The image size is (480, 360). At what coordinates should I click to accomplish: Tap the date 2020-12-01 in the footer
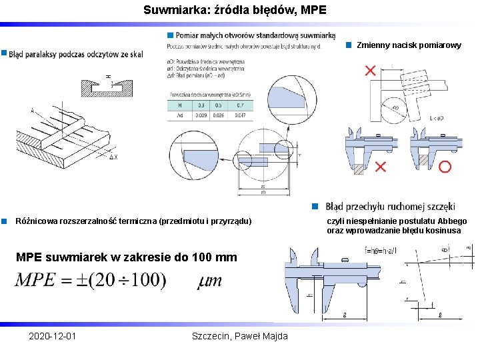[x=53, y=336]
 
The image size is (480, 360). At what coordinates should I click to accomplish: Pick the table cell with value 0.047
[x=241, y=115]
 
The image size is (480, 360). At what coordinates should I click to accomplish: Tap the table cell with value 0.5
[x=221, y=105]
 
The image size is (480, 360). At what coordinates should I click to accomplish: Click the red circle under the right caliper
[x=445, y=166]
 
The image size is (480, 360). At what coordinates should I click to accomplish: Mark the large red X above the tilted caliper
[x=370, y=71]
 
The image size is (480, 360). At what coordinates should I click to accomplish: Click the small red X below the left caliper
[x=380, y=166]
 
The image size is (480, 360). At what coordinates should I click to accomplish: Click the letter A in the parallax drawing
[x=32, y=110]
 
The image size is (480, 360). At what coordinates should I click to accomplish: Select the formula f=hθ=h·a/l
[x=381, y=251]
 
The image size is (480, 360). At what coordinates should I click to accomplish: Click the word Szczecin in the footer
[x=209, y=336]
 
